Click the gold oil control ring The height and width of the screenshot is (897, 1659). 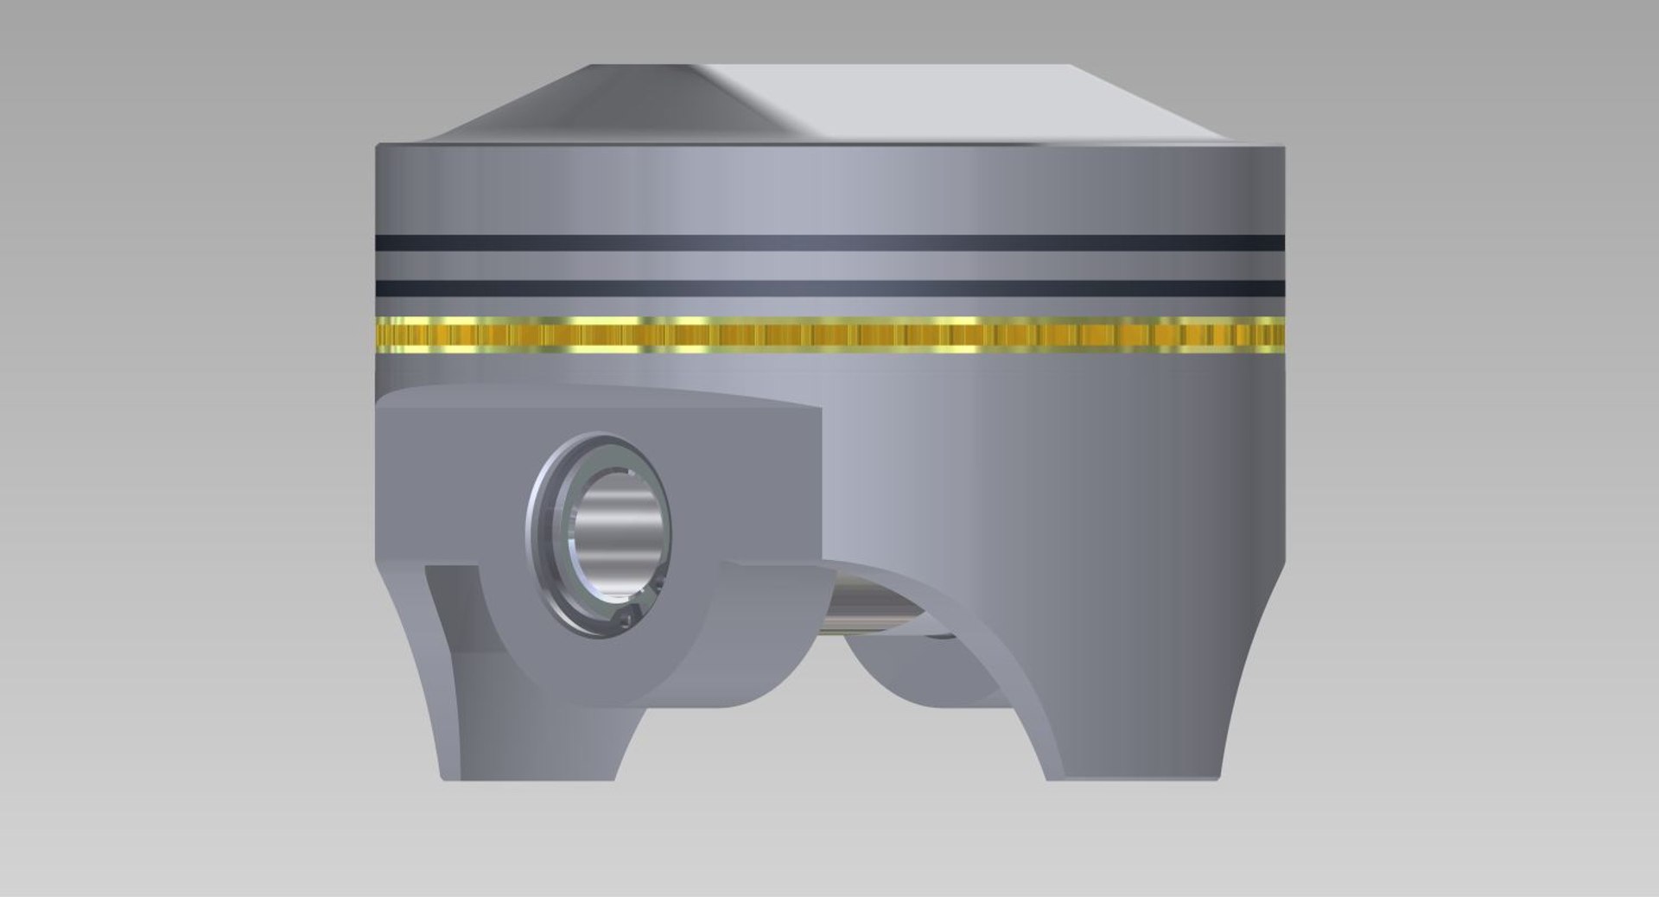pos(829,335)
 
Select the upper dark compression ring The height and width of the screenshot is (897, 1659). pos(829,243)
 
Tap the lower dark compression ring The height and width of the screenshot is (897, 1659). pos(829,288)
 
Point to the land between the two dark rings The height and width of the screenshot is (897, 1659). pos(829,265)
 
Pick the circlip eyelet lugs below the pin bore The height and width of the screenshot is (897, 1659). pos(626,616)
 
